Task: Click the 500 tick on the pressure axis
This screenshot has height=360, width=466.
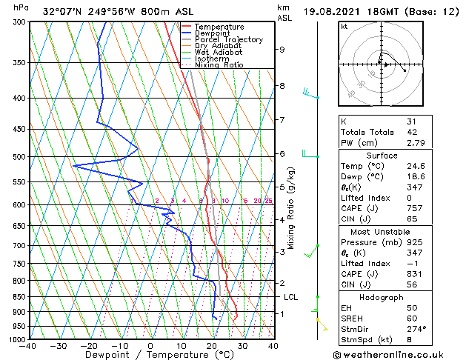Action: point(19,157)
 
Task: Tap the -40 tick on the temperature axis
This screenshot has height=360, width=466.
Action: point(28,345)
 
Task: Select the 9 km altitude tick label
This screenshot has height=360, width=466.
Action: point(282,50)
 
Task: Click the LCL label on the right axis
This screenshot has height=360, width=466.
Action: point(291,297)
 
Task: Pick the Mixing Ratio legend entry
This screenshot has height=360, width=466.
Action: point(219,65)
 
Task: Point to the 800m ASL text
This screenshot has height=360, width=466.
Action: point(145,12)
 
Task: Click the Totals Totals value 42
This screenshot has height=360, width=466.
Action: point(412,132)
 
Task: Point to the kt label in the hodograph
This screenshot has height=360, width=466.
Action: point(344,27)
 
